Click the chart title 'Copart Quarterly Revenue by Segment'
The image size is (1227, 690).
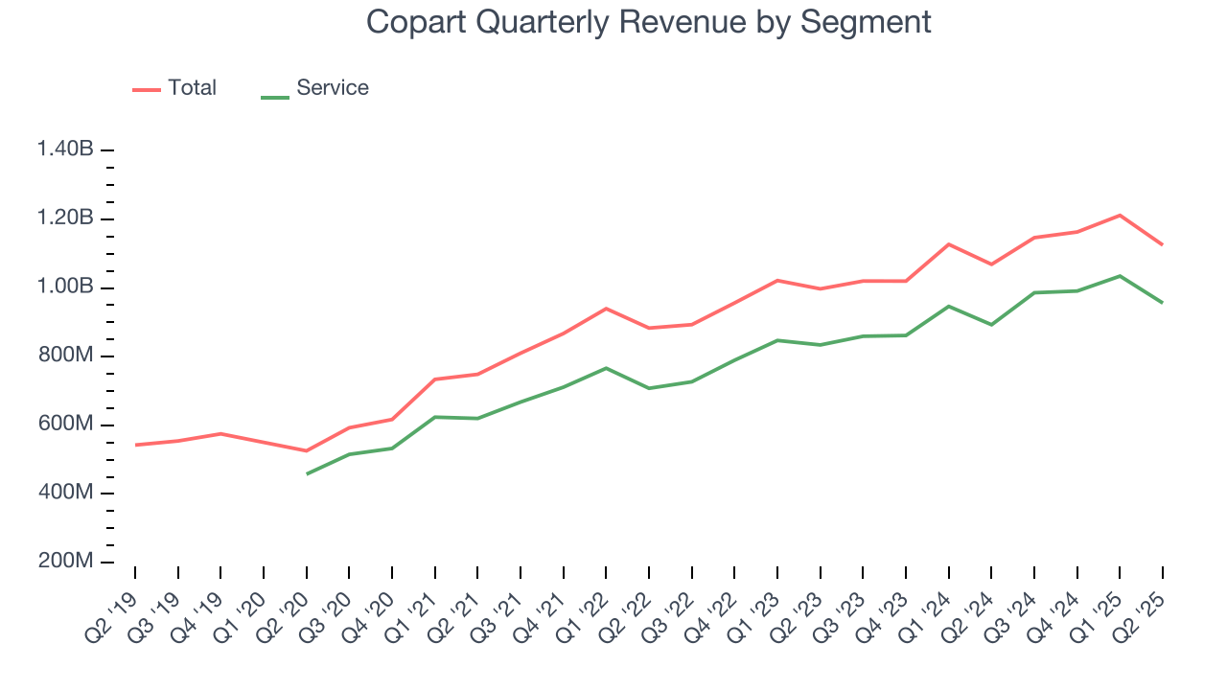pos(649,21)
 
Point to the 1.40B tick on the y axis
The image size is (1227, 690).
pos(65,149)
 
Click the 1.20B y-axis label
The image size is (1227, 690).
pos(65,218)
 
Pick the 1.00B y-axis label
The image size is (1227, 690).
pos(65,287)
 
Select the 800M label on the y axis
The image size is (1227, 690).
pos(65,356)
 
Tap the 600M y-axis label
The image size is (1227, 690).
pos(65,425)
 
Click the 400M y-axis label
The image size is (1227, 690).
pos(65,494)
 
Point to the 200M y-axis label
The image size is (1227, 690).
pos(65,562)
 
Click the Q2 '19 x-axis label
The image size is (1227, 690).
pos(114,606)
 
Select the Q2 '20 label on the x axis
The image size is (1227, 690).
pos(286,606)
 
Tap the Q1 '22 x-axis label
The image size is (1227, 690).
pos(586,606)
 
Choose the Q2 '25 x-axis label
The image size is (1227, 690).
pos(1143,606)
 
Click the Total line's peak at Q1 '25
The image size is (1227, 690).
pos(1120,215)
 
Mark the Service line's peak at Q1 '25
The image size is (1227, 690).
pos(1120,276)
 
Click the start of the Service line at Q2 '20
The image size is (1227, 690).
pos(307,473)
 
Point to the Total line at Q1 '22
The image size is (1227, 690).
pos(606,309)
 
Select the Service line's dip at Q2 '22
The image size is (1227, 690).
pos(649,388)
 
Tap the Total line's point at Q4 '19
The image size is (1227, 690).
pos(220,433)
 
